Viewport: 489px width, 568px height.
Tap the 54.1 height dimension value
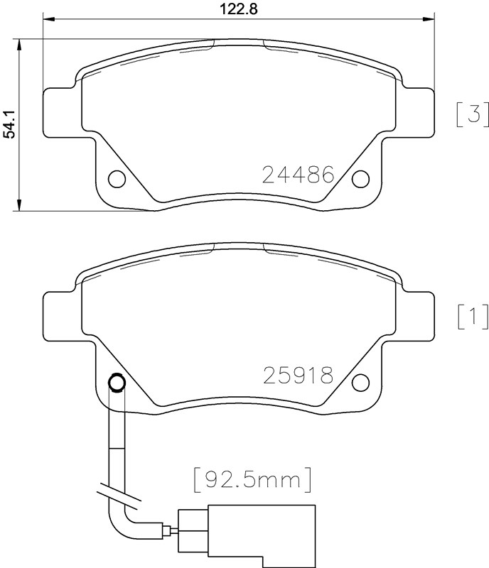pyautogui.click(x=9, y=124)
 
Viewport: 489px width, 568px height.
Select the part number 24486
pyautogui.click(x=298, y=175)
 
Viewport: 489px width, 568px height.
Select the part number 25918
pyautogui.click(x=298, y=375)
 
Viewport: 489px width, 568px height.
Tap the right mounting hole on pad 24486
pyautogui.click(x=361, y=178)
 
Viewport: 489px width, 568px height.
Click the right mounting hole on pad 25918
pyautogui.click(x=361, y=382)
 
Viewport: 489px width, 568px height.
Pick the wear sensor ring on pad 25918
pyautogui.click(x=116, y=383)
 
